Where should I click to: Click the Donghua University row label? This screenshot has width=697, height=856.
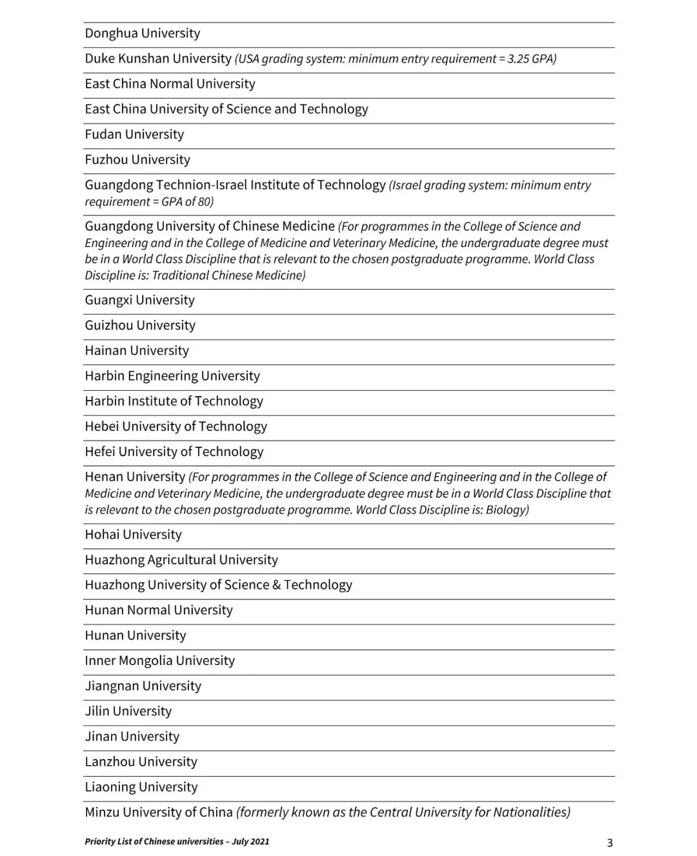[143, 34]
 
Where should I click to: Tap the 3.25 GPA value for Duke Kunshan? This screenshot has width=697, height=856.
[531, 59]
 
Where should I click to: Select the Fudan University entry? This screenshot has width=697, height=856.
[134, 135]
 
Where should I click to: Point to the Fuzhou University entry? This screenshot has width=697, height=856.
[137, 160]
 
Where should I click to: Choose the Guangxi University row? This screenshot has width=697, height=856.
[139, 301]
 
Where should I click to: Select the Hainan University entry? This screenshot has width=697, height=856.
[137, 351]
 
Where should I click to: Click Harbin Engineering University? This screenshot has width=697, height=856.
[172, 376]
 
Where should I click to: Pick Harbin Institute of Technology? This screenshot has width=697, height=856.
[174, 401]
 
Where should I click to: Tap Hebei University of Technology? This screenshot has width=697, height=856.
[176, 426]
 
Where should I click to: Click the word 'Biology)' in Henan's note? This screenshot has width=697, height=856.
[507, 510]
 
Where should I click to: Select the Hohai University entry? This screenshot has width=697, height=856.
[133, 535]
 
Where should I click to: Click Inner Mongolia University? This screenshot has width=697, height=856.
[159, 661]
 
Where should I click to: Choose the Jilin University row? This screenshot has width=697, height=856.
[128, 712]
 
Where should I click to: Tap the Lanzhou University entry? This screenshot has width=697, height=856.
[141, 762]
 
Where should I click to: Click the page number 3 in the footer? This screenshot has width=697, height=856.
[610, 842]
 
